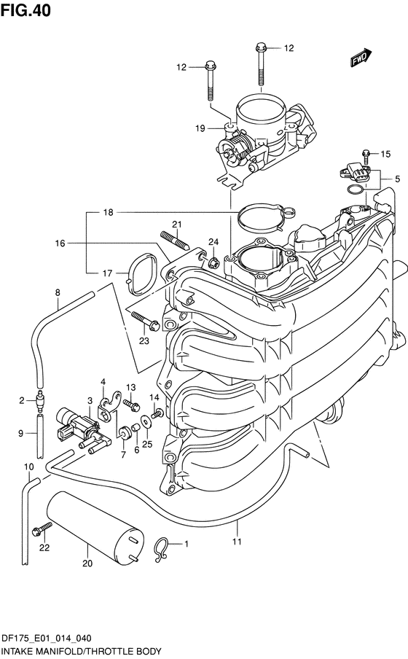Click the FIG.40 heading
[x=25, y=10]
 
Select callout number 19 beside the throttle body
[x=200, y=128]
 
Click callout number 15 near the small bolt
[x=385, y=154]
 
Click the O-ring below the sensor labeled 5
[x=356, y=190]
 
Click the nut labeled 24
[x=213, y=262]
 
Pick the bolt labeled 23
[x=145, y=320]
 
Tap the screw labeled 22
[x=42, y=528]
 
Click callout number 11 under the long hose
[x=237, y=542]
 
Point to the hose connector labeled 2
[x=39, y=402]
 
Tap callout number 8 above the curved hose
[x=58, y=292]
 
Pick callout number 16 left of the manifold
[x=60, y=243]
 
